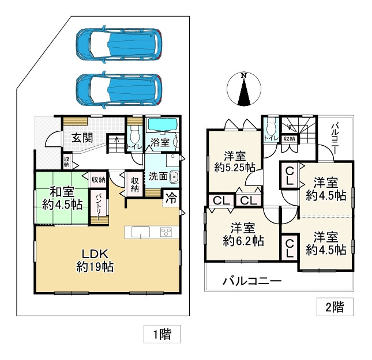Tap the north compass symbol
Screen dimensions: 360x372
[244, 91]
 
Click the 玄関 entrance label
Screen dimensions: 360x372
[82, 138]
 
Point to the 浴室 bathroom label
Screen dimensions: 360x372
[160, 141]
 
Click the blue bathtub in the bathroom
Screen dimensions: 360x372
[162, 124]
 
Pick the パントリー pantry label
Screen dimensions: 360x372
[98, 204]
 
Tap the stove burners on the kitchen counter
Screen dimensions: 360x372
[167, 232]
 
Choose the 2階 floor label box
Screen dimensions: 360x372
[335, 308]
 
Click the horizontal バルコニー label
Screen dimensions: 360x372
[252, 282]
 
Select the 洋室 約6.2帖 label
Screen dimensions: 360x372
[243, 234]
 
